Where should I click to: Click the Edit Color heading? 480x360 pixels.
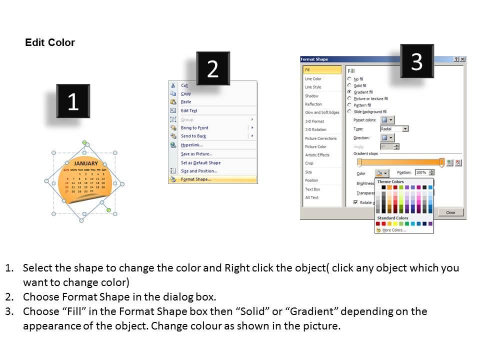(50, 43)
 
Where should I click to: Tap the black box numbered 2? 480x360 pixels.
(213, 68)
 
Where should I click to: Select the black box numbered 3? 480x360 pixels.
(417, 61)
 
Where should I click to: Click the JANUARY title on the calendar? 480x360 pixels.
(86, 163)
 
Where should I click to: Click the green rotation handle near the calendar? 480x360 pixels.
(109, 210)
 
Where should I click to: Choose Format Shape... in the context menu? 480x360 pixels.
(195, 179)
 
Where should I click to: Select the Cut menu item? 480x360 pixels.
(184, 85)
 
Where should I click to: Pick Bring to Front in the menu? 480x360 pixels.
(194, 128)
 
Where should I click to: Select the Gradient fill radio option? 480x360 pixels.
(349, 92)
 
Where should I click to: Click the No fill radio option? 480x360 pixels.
(349, 79)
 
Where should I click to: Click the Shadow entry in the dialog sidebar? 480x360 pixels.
(311, 96)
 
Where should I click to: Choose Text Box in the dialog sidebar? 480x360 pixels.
(312, 189)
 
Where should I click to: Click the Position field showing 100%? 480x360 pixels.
(421, 172)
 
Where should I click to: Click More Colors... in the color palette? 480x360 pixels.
(394, 230)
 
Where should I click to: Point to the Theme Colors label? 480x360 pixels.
(390, 182)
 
